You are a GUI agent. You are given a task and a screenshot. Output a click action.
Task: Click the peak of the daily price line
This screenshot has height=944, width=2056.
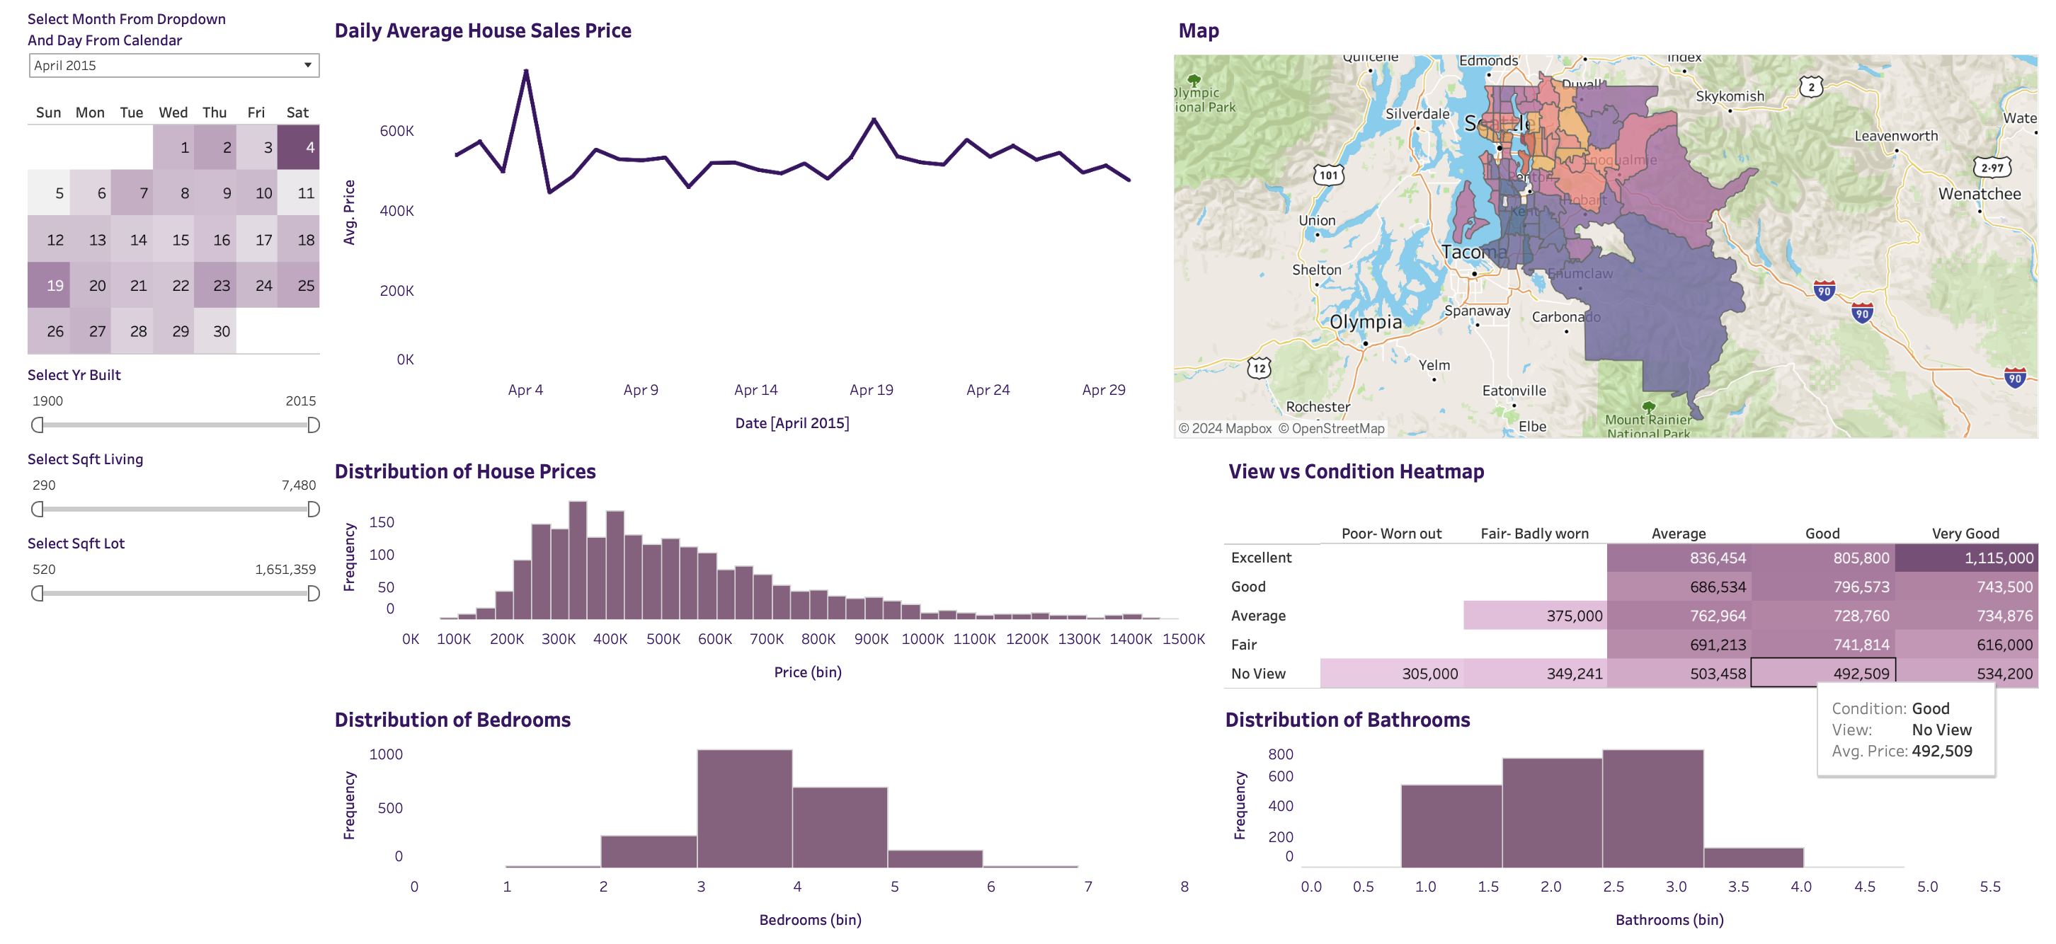click(x=526, y=71)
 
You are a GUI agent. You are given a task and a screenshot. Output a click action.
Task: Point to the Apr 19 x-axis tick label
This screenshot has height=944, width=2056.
click(x=871, y=389)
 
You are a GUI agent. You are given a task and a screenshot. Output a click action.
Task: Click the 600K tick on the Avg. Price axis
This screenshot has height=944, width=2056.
click(x=396, y=131)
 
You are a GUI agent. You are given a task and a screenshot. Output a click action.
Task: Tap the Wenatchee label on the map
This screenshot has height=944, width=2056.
click(x=1979, y=194)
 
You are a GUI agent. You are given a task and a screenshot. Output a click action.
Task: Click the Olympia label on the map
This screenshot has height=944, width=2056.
click(x=1365, y=321)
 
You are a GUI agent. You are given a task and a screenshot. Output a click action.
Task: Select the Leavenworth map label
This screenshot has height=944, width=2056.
click(x=1895, y=136)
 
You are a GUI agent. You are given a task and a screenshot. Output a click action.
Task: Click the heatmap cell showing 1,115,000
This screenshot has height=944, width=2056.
click(x=1966, y=558)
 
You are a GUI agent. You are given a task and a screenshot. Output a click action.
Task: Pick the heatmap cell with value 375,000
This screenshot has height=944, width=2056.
click(x=1534, y=615)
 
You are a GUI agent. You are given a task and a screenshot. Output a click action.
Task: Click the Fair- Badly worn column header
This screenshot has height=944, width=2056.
click(x=1534, y=533)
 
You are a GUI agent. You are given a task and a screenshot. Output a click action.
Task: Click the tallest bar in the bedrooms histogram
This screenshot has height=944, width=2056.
click(x=744, y=807)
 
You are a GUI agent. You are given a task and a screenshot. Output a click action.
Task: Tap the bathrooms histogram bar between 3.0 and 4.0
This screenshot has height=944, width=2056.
click(x=1753, y=857)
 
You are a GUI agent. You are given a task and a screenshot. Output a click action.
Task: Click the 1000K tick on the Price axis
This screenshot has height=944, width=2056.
click(x=922, y=638)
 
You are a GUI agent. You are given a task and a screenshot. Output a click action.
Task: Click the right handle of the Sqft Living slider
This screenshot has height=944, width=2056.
click(x=314, y=509)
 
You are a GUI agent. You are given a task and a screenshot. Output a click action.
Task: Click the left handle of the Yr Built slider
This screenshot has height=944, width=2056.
click(x=37, y=425)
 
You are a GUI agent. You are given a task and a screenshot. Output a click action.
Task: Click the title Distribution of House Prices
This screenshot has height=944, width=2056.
click(x=464, y=471)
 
